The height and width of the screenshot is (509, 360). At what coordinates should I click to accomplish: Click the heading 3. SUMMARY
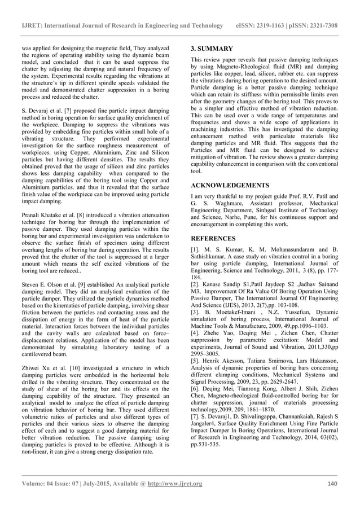(212, 49)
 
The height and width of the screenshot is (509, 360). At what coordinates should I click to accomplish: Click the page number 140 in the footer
(332, 484)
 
